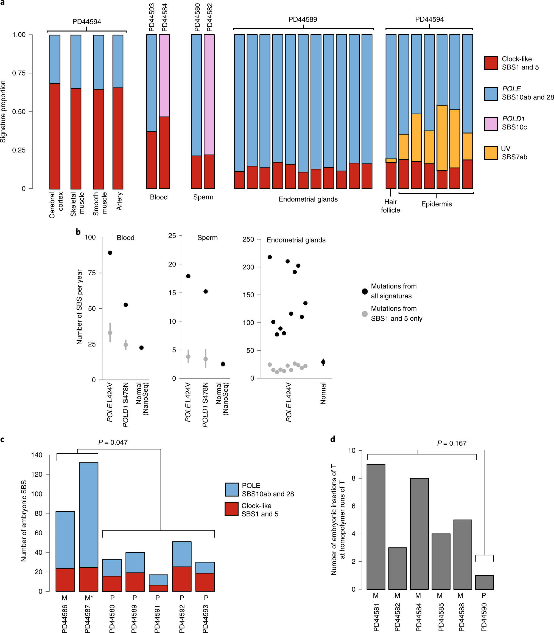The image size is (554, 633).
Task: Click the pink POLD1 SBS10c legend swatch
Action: click(x=491, y=124)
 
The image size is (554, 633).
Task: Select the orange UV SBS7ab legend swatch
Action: click(x=491, y=153)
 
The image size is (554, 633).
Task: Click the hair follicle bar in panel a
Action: click(x=391, y=111)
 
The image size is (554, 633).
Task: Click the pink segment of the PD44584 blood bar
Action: click(x=164, y=76)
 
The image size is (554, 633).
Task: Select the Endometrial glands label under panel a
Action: click(x=308, y=199)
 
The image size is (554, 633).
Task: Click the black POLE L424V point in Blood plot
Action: click(x=110, y=253)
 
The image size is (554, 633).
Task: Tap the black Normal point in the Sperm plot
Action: click(x=223, y=364)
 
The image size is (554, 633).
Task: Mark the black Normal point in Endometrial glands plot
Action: click(x=323, y=362)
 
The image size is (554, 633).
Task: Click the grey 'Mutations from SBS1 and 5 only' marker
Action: click(x=365, y=314)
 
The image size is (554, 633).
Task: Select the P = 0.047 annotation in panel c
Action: click(x=113, y=442)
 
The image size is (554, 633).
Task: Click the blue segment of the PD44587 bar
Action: click(x=88, y=515)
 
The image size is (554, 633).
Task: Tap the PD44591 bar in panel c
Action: click(x=158, y=583)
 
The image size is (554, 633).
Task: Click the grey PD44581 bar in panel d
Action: click(x=376, y=527)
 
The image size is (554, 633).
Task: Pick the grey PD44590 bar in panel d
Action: click(x=484, y=582)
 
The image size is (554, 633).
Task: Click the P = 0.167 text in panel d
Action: click(x=451, y=443)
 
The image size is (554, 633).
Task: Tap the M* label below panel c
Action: click(x=89, y=598)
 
